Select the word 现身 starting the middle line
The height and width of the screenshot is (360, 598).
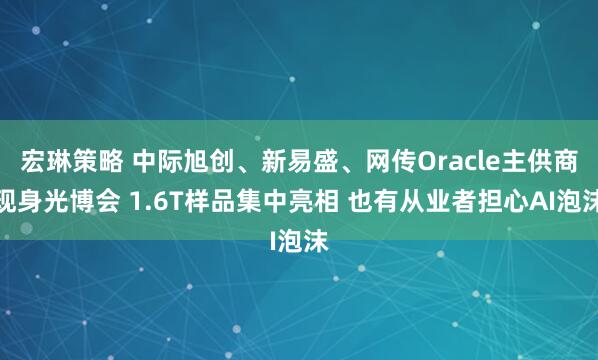[x=20, y=200]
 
